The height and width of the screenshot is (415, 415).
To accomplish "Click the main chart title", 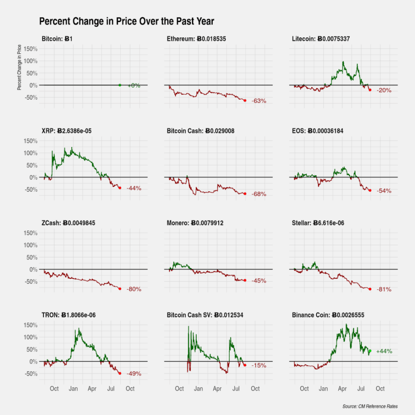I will (x=126, y=21).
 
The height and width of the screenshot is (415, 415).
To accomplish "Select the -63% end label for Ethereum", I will (x=259, y=101).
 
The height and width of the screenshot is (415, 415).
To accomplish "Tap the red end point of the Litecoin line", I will (x=370, y=90).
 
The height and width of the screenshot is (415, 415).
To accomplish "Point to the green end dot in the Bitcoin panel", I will (x=120, y=85).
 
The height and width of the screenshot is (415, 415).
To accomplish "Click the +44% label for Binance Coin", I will (x=384, y=351).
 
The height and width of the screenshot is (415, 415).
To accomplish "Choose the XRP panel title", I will (x=69, y=131).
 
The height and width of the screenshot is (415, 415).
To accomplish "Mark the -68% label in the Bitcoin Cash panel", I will (x=259, y=194).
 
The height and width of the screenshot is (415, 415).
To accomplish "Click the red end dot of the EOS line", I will (x=370, y=190).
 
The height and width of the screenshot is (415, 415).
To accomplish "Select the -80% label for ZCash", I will (x=134, y=289).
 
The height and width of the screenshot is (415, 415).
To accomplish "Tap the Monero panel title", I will (x=195, y=223).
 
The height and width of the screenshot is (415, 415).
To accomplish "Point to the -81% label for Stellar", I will (x=384, y=289).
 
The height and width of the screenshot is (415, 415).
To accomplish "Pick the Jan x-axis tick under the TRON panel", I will (x=73, y=389).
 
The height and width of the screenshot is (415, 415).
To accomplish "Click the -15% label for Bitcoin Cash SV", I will (x=259, y=366).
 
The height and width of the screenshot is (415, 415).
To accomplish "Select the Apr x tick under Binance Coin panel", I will (x=342, y=389).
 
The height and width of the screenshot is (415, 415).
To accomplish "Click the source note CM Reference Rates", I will (x=370, y=406).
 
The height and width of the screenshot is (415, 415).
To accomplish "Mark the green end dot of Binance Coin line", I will (x=370, y=351).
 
